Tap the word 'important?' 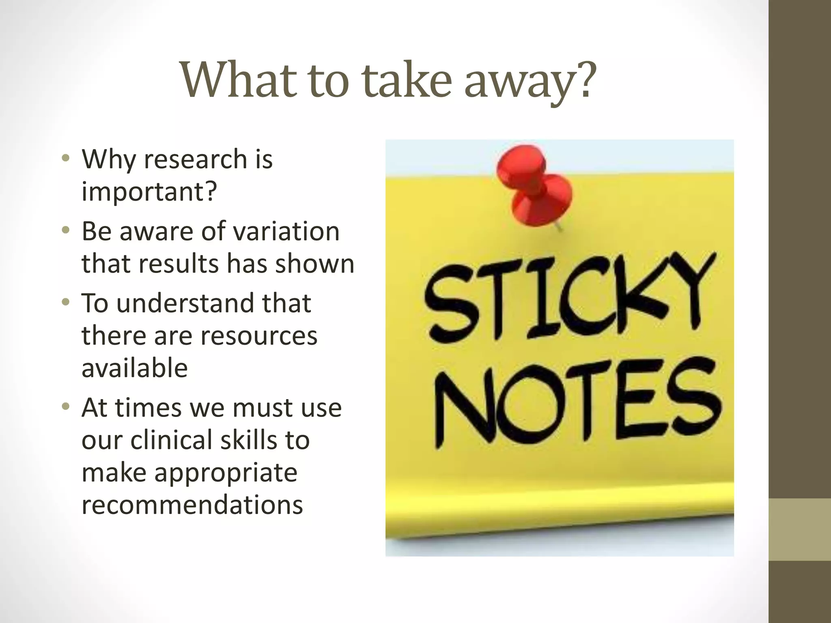149,191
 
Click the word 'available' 135,368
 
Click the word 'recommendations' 192,505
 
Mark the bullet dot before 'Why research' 65,158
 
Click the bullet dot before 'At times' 65,407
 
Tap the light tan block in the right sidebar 800,529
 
